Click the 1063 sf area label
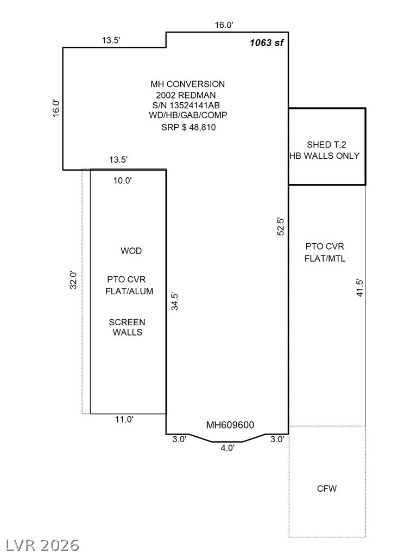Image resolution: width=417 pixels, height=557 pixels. coord(267,42)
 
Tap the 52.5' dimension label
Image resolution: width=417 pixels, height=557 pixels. coord(281,226)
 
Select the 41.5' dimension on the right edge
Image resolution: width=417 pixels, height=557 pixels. coord(360,288)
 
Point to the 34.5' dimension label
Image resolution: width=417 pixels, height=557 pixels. coord(175,301)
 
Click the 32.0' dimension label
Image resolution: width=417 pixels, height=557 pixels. coord(73,280)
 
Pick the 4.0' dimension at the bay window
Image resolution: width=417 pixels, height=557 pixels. coord(228,448)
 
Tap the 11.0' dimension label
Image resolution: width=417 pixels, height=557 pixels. coord(124,419)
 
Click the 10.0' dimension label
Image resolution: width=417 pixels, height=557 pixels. coord(123,181)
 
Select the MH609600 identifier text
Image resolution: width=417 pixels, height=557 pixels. coord(230,425)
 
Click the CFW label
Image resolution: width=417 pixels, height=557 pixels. coord(326,488)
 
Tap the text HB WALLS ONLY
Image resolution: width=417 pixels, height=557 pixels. coord(325,156)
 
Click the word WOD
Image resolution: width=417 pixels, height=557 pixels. coord(131,251)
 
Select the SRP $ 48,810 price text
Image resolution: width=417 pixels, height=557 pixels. coord(188,127)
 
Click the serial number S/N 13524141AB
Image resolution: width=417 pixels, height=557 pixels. coord(186,105)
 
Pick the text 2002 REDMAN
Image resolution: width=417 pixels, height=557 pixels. coord(186,95)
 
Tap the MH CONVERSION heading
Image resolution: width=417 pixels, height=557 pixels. coord(187,84)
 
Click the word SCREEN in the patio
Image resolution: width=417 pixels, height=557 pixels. coord(127,322)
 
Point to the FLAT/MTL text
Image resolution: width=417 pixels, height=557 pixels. coord(325,258)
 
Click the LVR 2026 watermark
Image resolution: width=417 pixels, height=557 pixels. coord(42,546)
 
